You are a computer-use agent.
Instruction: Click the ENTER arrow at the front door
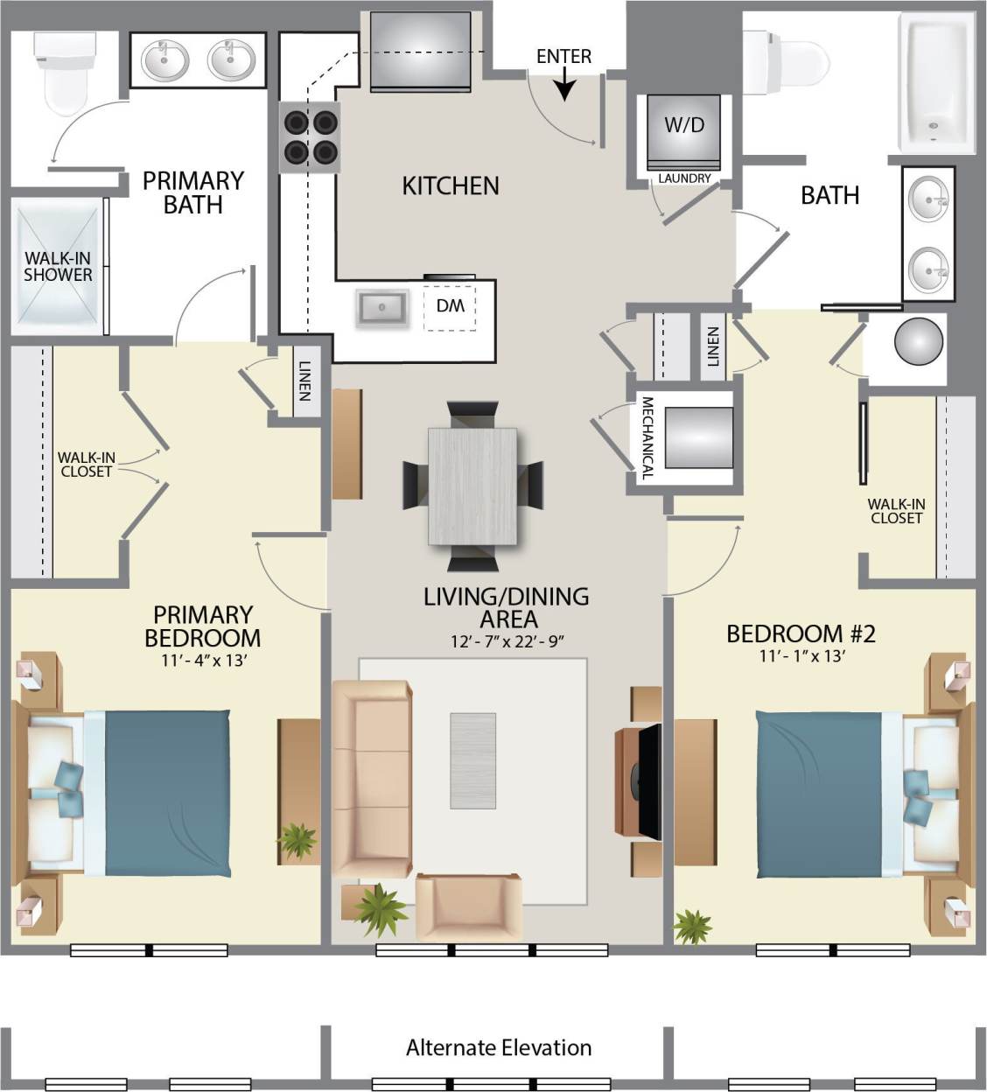(x=564, y=85)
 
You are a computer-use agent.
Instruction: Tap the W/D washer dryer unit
(x=684, y=131)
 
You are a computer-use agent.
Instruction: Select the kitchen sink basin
(x=381, y=307)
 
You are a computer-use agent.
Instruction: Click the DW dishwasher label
(x=450, y=306)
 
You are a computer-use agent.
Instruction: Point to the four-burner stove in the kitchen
(x=309, y=136)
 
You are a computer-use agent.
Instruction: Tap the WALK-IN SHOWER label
(x=58, y=266)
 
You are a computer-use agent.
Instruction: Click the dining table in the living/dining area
(x=472, y=486)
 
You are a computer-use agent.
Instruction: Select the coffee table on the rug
(x=472, y=760)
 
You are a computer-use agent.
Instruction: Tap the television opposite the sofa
(x=648, y=781)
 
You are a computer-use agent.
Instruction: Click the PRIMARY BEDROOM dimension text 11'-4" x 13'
(x=203, y=661)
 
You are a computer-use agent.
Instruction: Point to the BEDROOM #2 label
(x=801, y=633)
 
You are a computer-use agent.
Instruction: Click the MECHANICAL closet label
(x=647, y=437)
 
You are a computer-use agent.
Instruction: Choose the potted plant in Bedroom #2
(x=693, y=927)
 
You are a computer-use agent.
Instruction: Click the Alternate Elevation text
(x=499, y=1047)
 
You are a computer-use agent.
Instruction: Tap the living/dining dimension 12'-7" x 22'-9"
(x=507, y=641)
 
